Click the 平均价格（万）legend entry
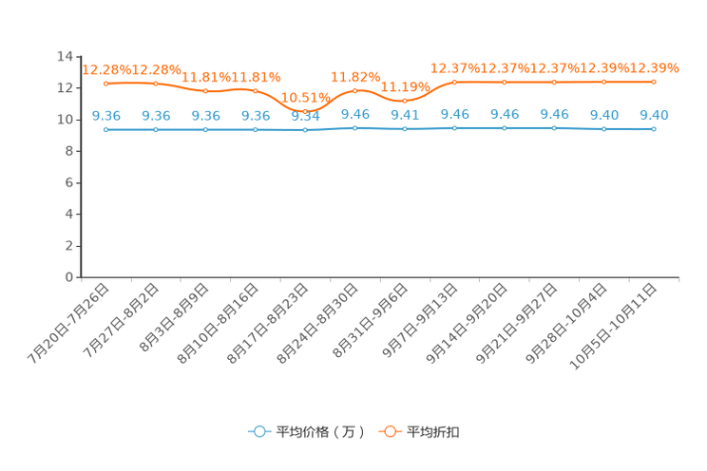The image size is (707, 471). point(306,432)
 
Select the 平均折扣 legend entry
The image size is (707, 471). point(419,432)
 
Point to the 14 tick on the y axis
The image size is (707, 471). point(65,56)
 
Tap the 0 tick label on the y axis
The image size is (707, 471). point(69,277)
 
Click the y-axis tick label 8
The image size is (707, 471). point(69,151)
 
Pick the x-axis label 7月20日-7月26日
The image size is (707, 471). point(68,323)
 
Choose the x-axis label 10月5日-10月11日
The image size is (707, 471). point(612,327)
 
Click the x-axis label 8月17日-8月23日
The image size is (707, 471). point(267,323)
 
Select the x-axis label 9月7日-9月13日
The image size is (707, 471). point(419,320)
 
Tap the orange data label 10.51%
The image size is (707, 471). point(306,98)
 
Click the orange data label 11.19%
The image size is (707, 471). point(406,86)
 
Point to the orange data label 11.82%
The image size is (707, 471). point(355,77)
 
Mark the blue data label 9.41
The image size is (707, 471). point(405,115)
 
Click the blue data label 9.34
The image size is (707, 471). point(305,116)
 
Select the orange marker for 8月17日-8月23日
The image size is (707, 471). point(305,111)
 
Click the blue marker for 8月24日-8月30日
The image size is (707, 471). point(355,128)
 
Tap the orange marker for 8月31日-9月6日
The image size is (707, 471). point(405,101)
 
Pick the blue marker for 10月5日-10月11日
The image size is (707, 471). point(654,129)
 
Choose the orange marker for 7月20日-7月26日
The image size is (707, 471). point(106,84)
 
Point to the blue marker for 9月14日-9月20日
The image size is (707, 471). point(505,128)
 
